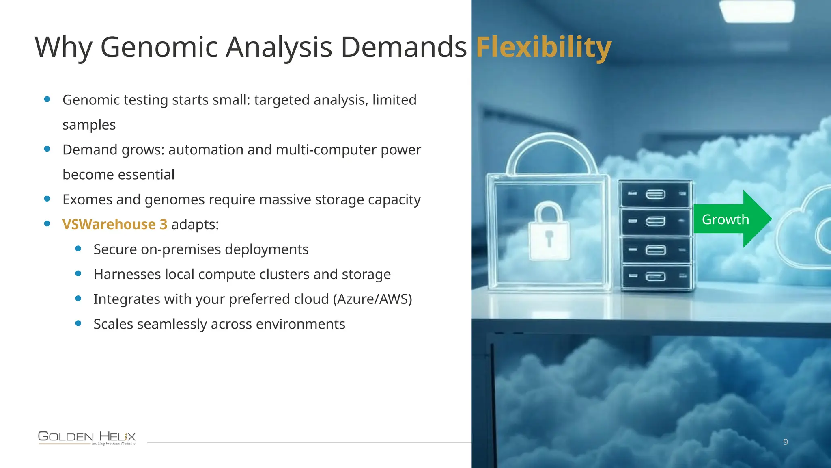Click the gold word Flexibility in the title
click(x=543, y=47)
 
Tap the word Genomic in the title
click(x=159, y=47)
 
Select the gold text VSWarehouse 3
click(x=115, y=224)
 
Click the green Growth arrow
click(x=730, y=219)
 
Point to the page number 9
click(x=786, y=442)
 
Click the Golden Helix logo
click(x=87, y=438)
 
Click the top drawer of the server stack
click(x=655, y=194)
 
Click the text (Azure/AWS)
click(x=372, y=299)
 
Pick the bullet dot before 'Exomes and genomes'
click(x=47, y=199)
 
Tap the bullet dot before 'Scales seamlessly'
click(x=78, y=323)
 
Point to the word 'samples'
click(x=89, y=125)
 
